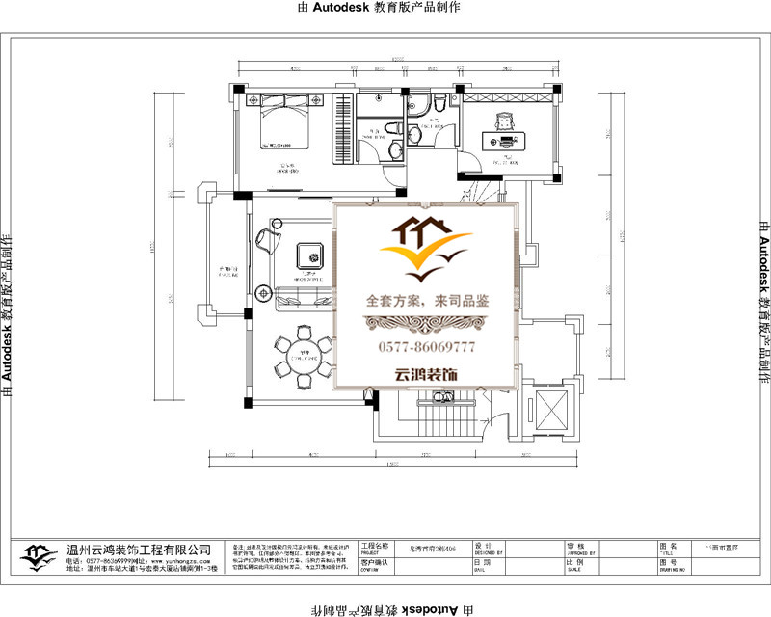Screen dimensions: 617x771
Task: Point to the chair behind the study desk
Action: [x=504, y=121]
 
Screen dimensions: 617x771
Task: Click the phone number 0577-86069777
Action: [x=425, y=346]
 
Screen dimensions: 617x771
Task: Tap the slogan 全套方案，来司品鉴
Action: [x=427, y=301]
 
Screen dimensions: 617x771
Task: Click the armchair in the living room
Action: [x=267, y=240]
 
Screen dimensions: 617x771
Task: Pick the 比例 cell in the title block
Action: [x=577, y=562]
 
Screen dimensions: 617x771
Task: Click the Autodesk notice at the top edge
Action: [x=385, y=7]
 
